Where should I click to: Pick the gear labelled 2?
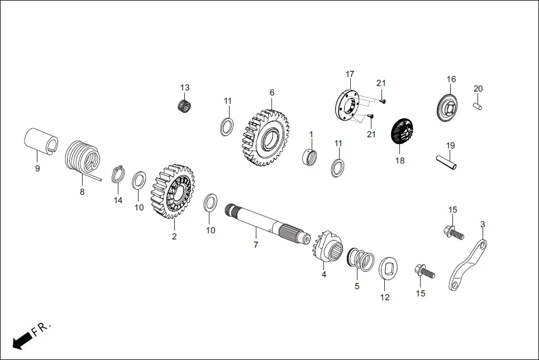(173, 191)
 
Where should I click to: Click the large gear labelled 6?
(266, 137)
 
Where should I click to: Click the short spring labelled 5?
(361, 260)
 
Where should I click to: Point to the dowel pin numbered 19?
(446, 161)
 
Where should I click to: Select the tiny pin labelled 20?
(478, 105)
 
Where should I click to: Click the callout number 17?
(350, 74)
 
